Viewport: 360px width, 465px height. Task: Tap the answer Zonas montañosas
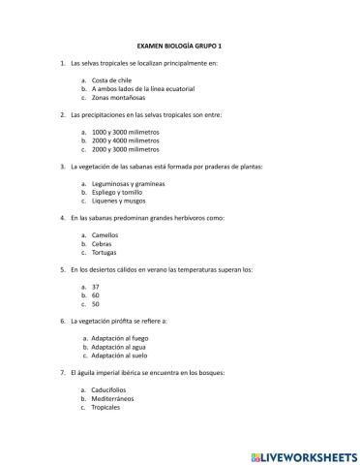(117, 98)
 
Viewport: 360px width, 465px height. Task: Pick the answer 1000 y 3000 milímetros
(125, 133)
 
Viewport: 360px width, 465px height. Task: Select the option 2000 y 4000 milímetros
(125, 141)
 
